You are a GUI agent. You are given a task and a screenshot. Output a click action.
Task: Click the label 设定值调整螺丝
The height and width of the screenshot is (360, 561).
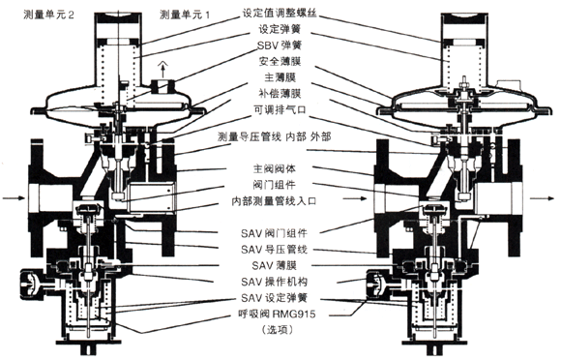(x=280, y=13)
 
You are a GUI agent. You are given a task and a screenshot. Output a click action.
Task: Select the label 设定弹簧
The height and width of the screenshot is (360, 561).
(x=280, y=29)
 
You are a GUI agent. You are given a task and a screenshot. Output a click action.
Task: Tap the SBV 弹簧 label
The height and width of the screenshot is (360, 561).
(x=280, y=45)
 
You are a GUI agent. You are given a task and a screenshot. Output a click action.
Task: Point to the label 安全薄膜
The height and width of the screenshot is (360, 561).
(x=280, y=61)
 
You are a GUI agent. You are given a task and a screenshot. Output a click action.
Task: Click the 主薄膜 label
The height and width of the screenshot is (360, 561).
(x=280, y=77)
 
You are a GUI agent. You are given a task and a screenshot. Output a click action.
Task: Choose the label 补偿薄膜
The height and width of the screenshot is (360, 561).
(x=280, y=94)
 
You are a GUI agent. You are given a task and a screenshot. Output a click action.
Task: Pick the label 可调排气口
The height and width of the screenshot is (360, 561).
(x=280, y=109)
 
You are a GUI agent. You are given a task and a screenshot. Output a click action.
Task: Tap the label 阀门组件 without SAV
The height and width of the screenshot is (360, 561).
(x=275, y=185)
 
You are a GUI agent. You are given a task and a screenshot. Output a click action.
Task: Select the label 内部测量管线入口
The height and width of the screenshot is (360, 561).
(x=275, y=201)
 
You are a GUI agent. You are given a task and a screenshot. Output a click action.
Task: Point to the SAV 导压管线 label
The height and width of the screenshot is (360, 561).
(x=274, y=250)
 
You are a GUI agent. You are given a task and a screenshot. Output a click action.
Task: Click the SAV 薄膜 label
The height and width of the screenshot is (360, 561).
(x=274, y=265)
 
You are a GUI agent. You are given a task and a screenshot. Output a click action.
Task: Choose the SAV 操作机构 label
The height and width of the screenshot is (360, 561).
(x=274, y=282)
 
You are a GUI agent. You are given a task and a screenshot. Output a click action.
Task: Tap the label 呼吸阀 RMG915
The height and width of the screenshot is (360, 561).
(x=277, y=314)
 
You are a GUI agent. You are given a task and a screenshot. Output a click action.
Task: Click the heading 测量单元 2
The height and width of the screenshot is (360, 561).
(x=48, y=15)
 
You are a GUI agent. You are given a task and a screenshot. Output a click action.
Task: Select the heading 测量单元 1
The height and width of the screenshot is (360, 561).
(x=185, y=15)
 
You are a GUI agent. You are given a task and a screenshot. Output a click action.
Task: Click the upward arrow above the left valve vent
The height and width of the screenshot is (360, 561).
(x=163, y=70)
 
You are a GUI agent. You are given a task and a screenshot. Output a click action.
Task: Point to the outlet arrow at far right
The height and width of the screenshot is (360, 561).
(x=542, y=197)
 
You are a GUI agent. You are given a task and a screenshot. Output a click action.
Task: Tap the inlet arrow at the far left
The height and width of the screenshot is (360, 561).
(x=14, y=197)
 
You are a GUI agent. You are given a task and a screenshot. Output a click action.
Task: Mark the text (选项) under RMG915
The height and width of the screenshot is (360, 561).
(x=277, y=330)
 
